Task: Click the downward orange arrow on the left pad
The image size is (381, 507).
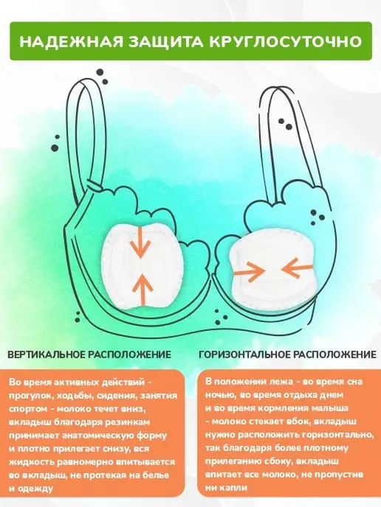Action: tap(140, 242)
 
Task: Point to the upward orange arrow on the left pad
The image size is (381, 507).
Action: tap(142, 290)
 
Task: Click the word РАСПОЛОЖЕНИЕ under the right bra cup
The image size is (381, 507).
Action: tap(334, 354)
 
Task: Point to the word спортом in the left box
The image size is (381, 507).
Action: tap(29, 409)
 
